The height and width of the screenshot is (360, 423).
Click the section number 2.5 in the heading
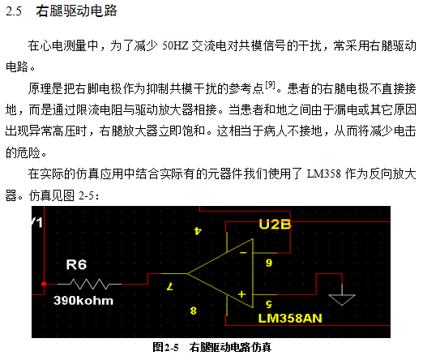[x=14, y=11]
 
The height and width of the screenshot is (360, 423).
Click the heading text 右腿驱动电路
[x=76, y=11]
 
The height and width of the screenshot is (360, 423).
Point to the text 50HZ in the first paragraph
[x=175, y=45]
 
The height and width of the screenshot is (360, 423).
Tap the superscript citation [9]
[x=270, y=85]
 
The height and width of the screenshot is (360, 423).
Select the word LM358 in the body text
[x=324, y=174]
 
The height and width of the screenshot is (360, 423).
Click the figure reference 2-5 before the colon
[x=86, y=195]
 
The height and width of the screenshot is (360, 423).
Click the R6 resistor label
[x=76, y=264]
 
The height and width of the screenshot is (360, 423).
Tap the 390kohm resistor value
[x=83, y=301]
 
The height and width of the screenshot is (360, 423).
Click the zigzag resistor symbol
[x=89, y=284]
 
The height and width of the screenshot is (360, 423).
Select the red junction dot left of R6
[x=44, y=284]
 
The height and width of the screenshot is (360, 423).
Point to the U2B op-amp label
[x=275, y=225]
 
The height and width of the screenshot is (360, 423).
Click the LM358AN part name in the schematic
[x=290, y=319]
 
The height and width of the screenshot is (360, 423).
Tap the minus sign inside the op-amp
[x=243, y=253]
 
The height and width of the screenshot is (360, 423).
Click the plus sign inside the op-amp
[x=241, y=294]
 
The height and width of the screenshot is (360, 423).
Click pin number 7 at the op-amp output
[x=169, y=286]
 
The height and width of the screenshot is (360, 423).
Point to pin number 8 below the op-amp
[x=193, y=311]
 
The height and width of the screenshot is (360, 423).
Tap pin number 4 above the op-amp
[x=198, y=230]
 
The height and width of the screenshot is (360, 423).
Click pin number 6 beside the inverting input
[x=268, y=263]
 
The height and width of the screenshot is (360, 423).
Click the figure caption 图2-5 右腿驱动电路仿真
[x=211, y=347]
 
